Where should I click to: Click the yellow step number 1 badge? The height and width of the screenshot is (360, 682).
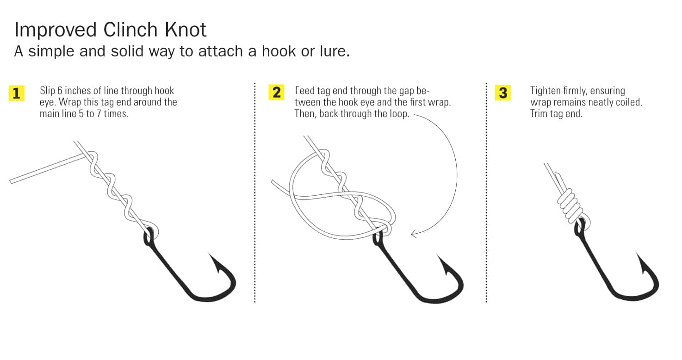point(17,93)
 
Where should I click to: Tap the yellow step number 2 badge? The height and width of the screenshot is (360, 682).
point(276,92)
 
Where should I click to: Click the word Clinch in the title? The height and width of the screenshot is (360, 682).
point(130,30)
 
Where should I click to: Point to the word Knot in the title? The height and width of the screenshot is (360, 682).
point(186,30)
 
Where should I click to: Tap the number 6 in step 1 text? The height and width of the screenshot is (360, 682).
point(60,91)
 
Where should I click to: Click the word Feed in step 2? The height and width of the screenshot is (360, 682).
point(304,91)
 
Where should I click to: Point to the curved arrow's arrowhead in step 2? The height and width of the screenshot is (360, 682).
point(415,234)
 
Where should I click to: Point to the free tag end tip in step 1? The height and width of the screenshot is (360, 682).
point(11,181)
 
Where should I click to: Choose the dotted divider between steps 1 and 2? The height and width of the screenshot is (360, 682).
point(255,192)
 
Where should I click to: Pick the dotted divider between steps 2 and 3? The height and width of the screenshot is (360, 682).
point(486,192)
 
